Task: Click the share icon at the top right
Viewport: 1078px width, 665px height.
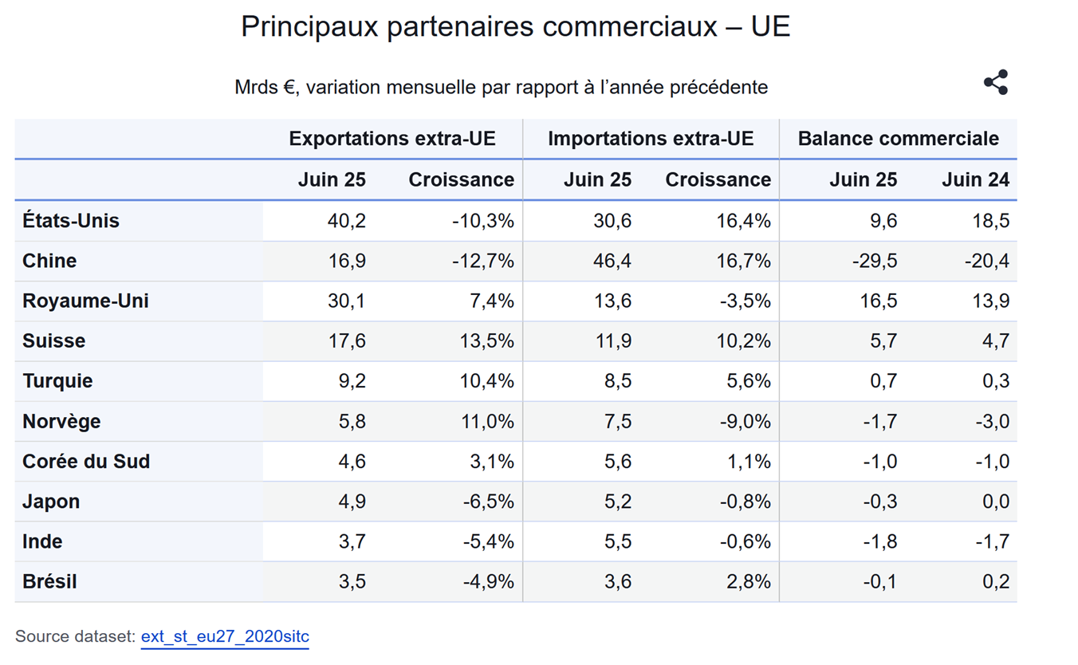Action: coord(996,83)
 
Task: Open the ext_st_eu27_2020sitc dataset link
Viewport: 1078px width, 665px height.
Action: coord(225,637)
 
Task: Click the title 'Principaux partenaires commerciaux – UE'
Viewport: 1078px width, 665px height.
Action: coord(515,26)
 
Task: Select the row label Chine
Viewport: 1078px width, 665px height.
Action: coord(49,261)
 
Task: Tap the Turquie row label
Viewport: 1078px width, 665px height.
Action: coord(57,380)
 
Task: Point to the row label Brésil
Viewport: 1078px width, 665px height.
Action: coord(49,581)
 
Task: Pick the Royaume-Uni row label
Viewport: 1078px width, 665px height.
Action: coord(85,301)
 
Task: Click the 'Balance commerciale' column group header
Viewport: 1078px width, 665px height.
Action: coord(898,139)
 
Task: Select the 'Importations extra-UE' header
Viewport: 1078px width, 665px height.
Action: coord(650,139)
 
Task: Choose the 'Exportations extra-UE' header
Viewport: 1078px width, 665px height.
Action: coord(392,139)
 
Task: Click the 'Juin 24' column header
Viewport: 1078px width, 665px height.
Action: coord(975,180)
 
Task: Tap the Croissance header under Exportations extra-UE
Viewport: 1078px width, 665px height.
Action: coord(461,180)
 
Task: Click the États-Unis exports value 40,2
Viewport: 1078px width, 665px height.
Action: coord(347,221)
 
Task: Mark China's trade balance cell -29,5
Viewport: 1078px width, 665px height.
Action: coord(875,261)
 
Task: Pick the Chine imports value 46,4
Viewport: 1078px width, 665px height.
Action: coord(612,261)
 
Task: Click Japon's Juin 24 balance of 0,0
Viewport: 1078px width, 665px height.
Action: coord(996,502)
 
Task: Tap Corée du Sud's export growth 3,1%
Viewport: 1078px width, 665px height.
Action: coord(493,461)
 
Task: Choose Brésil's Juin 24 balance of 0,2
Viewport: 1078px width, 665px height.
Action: coord(996,581)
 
